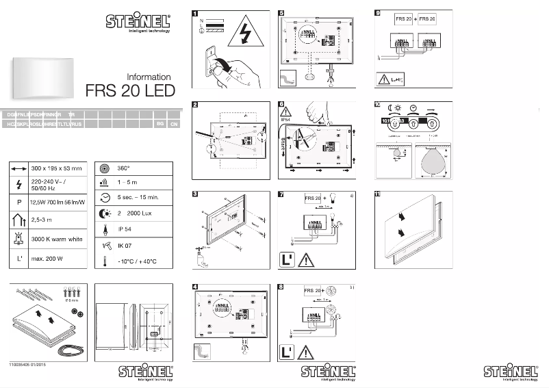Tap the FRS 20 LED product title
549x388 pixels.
(130, 91)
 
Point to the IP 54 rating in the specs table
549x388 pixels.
(124, 229)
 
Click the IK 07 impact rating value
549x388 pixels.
(124, 244)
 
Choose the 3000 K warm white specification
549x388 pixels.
(57, 239)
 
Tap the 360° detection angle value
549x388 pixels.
(123, 168)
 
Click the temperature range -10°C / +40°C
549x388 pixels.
(137, 261)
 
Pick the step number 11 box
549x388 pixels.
(378, 195)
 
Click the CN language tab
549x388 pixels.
(174, 124)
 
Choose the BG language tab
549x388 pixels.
(159, 124)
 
